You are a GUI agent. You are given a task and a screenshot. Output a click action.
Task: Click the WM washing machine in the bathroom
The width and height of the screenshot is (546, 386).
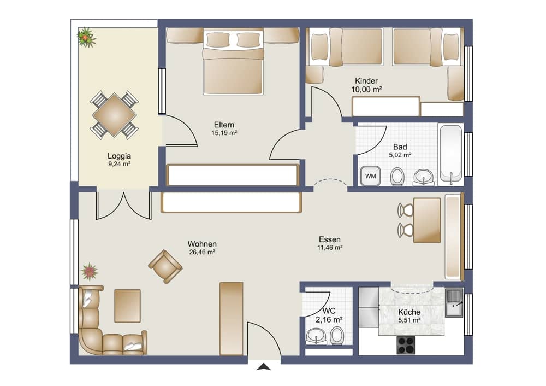tap(370, 176)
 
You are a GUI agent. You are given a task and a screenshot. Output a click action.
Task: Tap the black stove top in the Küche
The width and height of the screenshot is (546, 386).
tap(406, 345)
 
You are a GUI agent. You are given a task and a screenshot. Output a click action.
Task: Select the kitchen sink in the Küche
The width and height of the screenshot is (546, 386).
tap(454, 303)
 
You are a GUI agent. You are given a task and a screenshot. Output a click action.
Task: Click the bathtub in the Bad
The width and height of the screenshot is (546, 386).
tap(450, 154)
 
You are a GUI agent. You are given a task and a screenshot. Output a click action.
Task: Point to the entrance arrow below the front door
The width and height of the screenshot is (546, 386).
tap(264, 366)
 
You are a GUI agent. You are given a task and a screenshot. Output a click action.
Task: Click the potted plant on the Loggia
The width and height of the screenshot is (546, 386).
tap(86, 37)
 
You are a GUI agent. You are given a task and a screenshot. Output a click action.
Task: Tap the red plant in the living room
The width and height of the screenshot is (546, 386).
tap(90, 271)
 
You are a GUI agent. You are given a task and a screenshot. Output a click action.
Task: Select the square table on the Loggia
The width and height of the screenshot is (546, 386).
tap(114, 115)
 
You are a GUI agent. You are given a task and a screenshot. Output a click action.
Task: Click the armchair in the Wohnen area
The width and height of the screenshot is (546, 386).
tap(165, 266)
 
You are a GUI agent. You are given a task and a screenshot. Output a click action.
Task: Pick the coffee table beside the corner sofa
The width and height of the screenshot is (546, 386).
tap(127, 306)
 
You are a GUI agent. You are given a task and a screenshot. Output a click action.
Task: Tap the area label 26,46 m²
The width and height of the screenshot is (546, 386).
tap(202, 252)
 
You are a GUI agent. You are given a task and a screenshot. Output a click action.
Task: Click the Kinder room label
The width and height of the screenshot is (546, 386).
tap(366, 81)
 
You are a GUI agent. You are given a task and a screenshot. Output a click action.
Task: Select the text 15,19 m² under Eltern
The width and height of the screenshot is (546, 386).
tap(224, 133)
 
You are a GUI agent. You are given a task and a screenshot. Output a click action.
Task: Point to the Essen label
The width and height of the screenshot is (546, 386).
tap(330, 239)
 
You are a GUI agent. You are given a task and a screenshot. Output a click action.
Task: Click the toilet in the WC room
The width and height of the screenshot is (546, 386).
tap(337, 336)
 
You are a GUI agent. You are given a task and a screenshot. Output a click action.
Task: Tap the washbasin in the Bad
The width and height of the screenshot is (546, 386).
tap(424, 177)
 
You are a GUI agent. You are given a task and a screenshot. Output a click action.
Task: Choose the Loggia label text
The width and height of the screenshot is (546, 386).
tap(119, 156)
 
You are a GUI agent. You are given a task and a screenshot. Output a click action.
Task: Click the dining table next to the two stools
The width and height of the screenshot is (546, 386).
tap(427, 220)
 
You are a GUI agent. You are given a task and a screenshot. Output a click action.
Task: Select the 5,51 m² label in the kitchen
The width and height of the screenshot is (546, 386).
tap(409, 320)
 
